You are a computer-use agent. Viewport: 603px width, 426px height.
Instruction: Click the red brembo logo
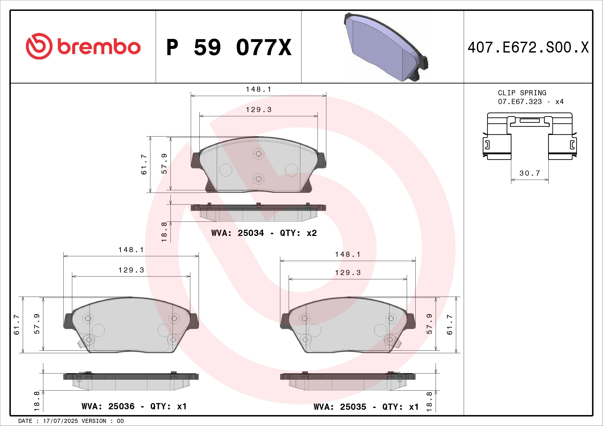point(83,46)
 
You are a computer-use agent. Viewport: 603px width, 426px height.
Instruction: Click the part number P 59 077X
point(229,47)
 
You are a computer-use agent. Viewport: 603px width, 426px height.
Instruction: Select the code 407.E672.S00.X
point(528,47)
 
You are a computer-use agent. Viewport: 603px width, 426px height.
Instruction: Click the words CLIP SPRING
point(522,93)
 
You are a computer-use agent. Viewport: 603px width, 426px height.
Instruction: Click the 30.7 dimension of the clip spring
point(530,173)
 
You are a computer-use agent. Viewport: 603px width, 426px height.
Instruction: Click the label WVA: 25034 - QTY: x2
point(264,233)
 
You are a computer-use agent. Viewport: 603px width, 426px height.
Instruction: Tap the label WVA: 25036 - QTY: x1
point(134,406)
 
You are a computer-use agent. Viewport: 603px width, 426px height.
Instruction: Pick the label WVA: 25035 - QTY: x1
point(366,407)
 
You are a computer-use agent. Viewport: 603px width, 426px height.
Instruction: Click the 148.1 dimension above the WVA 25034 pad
point(258,89)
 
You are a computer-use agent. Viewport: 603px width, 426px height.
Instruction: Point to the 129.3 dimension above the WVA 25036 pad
point(131,270)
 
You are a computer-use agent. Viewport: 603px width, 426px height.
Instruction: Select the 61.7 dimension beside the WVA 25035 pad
point(450,325)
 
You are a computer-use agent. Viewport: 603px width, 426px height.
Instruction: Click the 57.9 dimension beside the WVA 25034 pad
point(164,164)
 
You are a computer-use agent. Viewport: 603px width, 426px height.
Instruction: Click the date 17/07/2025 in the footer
point(60,421)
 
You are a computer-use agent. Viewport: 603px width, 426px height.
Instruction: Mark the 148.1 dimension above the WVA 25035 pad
point(348,254)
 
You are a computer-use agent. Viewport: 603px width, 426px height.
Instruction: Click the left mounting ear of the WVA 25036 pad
point(68,321)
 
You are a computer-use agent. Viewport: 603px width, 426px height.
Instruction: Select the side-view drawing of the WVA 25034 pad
point(258,212)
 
